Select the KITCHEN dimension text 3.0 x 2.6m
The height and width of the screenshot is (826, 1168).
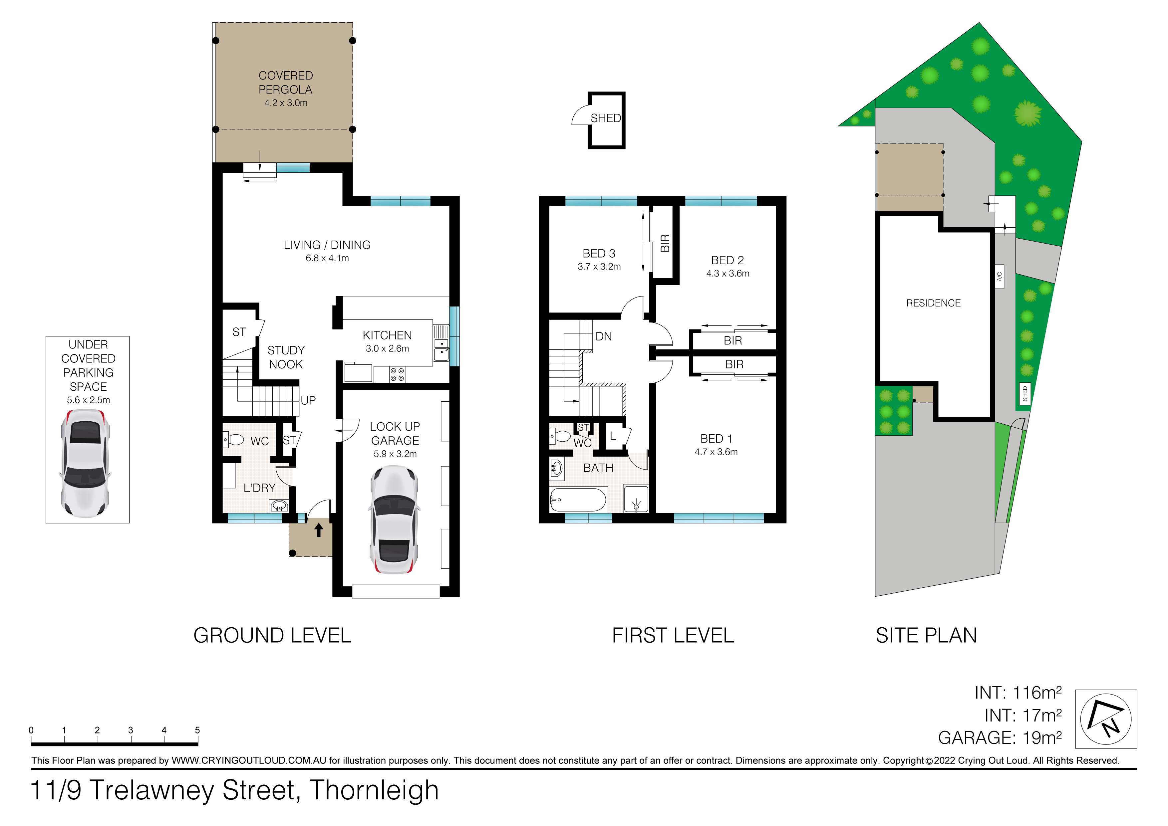387,348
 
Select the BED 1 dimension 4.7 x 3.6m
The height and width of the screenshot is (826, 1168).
716,452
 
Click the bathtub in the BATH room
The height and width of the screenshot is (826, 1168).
578,500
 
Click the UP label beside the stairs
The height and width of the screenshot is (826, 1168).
308,400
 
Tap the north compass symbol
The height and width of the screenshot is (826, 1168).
1106,719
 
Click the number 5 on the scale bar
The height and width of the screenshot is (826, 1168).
197,730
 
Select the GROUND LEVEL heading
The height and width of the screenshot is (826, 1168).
272,635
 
